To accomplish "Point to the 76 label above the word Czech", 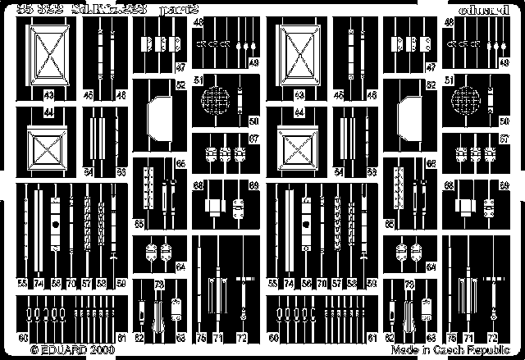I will pyautogui.click(x=454, y=337).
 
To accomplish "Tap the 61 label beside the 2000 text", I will pyautogui.click(x=122, y=337).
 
